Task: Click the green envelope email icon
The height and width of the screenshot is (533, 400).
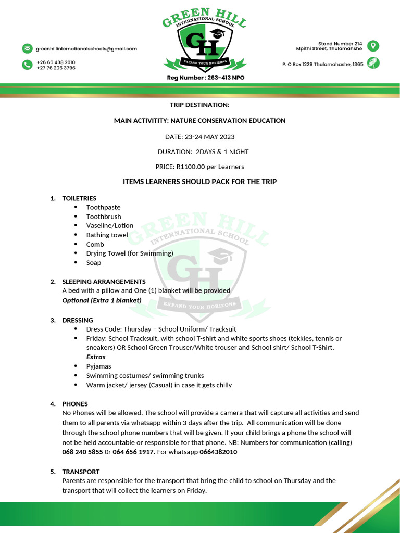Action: pyautogui.click(x=27, y=48)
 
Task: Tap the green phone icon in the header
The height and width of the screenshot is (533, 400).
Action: pyautogui.click(x=27, y=65)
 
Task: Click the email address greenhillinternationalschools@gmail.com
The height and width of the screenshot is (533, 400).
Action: pyautogui.click(x=86, y=49)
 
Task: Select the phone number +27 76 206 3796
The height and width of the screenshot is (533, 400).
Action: pyautogui.click(x=56, y=68)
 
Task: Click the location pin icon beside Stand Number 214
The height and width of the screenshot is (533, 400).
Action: pyautogui.click(x=373, y=46)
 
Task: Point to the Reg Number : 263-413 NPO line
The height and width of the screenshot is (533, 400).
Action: pyautogui.click(x=205, y=78)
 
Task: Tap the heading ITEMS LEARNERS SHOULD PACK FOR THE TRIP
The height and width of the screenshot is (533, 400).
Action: pyautogui.click(x=199, y=182)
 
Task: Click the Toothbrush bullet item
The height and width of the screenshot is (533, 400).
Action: pyautogui.click(x=104, y=217)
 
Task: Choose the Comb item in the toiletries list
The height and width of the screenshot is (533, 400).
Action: pyautogui.click(x=95, y=244)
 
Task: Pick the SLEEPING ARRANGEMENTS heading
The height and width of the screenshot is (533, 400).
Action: pyautogui.click(x=104, y=282)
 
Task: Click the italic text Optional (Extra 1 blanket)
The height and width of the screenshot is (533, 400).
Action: pyautogui.click(x=102, y=300)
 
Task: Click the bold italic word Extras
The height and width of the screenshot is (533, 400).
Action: pyautogui.click(x=96, y=357)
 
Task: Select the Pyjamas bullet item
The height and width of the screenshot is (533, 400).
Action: pyautogui.click(x=98, y=366)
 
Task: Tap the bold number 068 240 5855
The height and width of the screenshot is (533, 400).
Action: pyautogui.click(x=82, y=452)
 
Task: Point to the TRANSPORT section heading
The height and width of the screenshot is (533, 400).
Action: pyautogui.click(x=81, y=472)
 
